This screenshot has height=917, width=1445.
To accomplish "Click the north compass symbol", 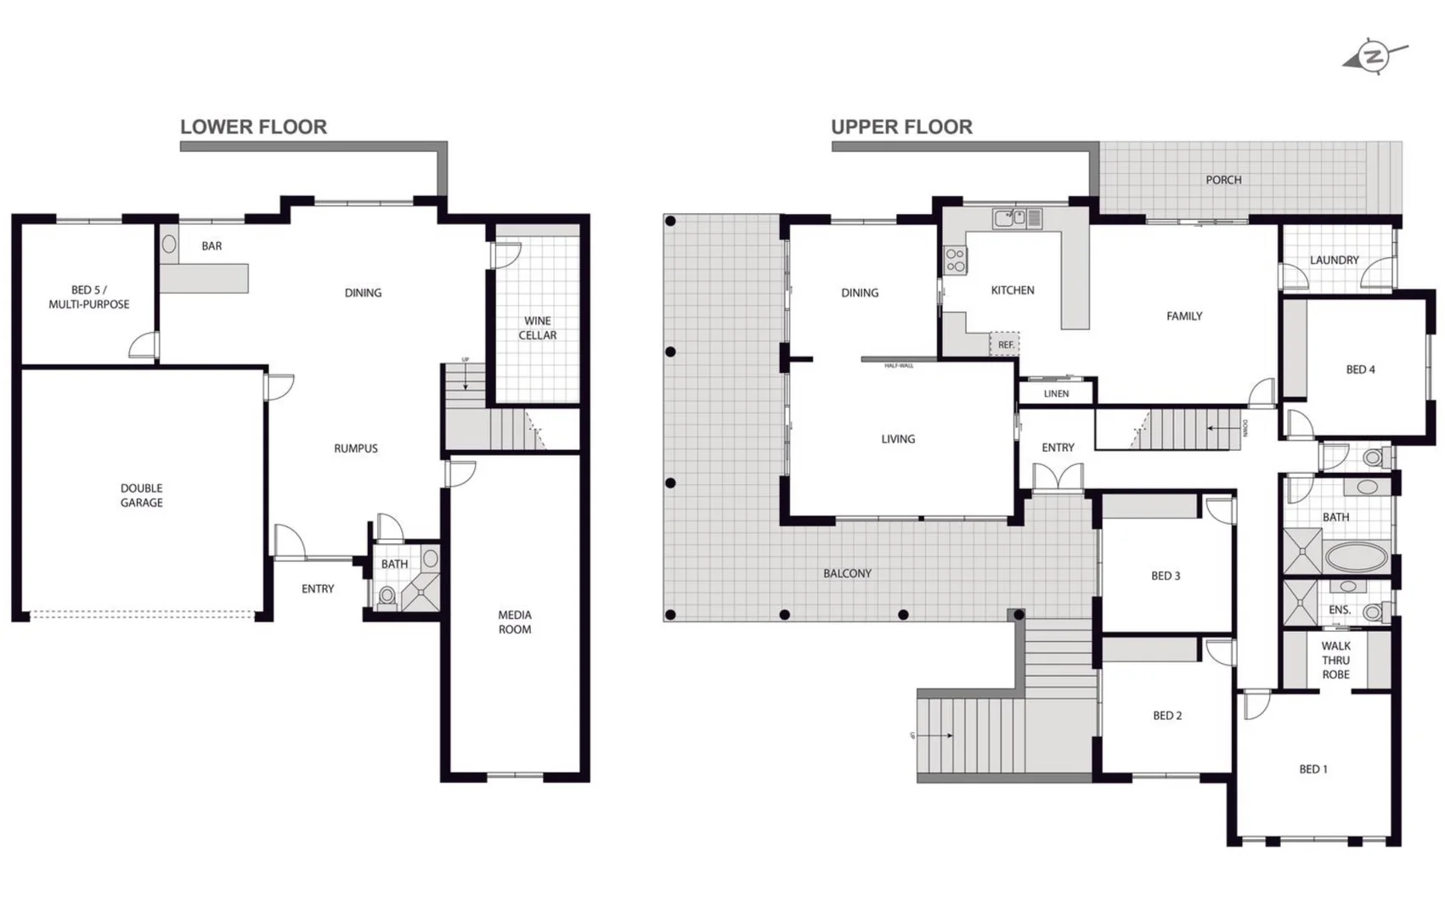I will click(1374, 57).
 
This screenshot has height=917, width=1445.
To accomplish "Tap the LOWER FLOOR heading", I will click(253, 127).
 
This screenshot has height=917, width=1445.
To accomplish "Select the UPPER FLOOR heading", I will click(901, 127).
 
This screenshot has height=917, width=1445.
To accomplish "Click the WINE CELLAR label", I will click(538, 328).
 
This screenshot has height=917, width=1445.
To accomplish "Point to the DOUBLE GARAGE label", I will click(142, 495).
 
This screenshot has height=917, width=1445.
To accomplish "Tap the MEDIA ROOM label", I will click(515, 622).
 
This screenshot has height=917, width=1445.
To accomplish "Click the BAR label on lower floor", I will click(212, 246).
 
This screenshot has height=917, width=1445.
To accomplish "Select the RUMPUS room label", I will click(356, 448).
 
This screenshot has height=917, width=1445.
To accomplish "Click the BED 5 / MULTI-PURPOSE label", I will click(88, 297).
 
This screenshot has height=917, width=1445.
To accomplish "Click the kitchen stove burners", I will click(956, 260).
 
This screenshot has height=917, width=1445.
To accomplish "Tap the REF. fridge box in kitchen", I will click(1005, 344).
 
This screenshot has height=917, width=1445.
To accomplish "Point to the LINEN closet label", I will click(1056, 393).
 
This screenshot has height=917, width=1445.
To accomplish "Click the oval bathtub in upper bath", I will click(1357, 558).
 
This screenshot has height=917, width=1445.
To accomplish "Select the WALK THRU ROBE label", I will click(1335, 660).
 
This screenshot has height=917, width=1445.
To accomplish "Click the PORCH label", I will click(1223, 180).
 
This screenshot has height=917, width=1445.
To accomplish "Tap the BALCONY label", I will click(847, 574).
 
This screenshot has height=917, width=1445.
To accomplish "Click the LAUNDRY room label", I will click(1334, 260).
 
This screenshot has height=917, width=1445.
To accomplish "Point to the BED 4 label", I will click(1360, 369).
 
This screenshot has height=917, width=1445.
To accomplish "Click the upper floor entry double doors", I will click(1058, 476).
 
